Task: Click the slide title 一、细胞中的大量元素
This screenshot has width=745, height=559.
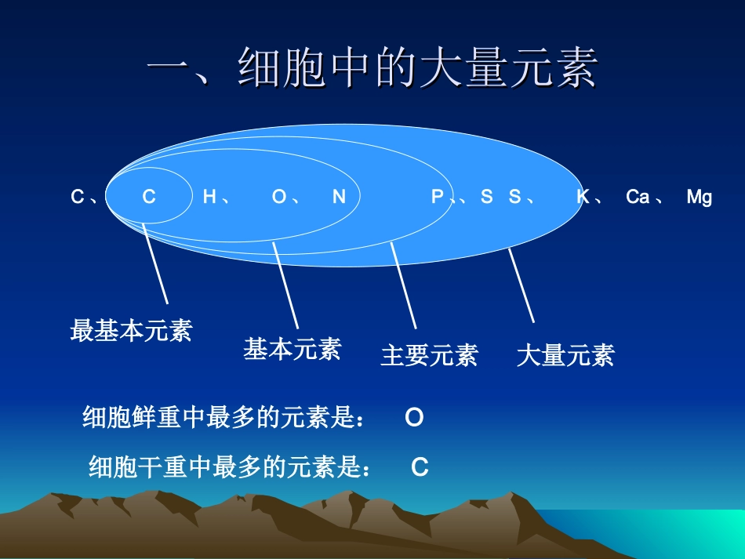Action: coord(372,68)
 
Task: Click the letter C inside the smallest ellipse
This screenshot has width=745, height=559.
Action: coord(149,197)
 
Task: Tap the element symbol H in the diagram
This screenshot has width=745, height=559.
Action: coord(209,197)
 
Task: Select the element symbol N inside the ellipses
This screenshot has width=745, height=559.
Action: coord(339,197)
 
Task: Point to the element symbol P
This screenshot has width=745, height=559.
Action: coord(438,197)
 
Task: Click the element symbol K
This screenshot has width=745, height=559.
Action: coord(583,197)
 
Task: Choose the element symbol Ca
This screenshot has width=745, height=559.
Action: coord(637,197)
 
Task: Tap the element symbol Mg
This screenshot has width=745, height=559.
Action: coord(699,197)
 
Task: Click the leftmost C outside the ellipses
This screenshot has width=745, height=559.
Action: coord(77,197)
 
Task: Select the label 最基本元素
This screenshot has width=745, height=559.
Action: coord(131,330)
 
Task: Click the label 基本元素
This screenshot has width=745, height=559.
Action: coord(292,349)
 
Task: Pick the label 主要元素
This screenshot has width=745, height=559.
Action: coord(429,355)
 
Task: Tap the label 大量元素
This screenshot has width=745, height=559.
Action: coord(565,355)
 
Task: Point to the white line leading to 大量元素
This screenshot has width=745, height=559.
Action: coord(521,285)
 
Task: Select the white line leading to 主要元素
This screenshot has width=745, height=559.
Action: coord(403,285)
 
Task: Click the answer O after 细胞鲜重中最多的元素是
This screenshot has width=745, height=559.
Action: coord(414,418)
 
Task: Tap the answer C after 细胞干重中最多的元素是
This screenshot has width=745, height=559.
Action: coord(420,468)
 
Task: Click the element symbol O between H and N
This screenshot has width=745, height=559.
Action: coord(279,197)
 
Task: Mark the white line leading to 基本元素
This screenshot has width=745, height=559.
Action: coord(285,285)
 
